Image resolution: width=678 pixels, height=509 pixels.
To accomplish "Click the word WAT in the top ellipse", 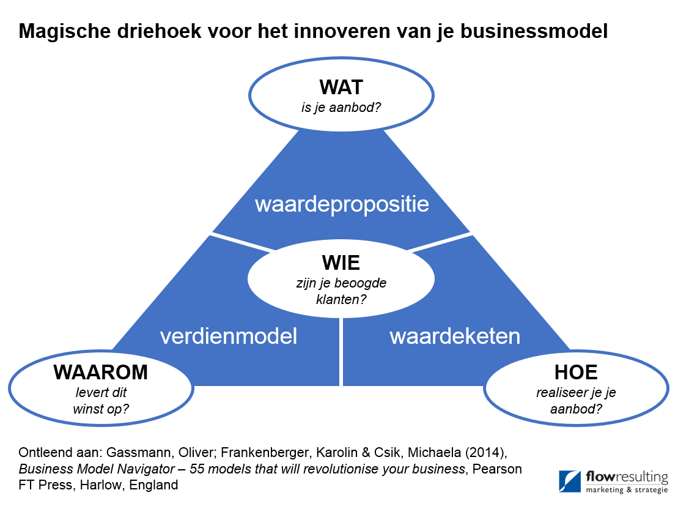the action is [341, 87].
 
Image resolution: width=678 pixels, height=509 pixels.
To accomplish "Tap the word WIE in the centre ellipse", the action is [341, 262].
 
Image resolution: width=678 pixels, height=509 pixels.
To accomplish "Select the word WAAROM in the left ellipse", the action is [101, 372].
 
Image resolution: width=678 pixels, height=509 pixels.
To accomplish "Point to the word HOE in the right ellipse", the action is [576, 372].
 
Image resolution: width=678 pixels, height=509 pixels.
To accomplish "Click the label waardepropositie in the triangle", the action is [342, 204].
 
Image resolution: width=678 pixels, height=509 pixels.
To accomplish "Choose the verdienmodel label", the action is [229, 336].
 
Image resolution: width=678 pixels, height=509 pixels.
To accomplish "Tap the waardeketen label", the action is [455, 336].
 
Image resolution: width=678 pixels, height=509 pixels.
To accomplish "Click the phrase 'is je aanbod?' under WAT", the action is [341, 107].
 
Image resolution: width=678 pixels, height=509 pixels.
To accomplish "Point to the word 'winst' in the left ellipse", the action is [89, 409].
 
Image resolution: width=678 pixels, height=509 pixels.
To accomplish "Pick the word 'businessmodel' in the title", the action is [534, 31].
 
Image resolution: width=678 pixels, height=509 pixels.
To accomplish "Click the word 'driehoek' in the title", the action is [159, 31].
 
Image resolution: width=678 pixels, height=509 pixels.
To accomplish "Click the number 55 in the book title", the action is [197, 469].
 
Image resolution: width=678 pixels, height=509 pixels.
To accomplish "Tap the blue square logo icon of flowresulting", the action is [570, 481].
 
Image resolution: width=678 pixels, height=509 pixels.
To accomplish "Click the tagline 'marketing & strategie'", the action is [627, 489].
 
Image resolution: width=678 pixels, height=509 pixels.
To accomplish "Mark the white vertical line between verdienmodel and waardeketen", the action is [341, 352].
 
